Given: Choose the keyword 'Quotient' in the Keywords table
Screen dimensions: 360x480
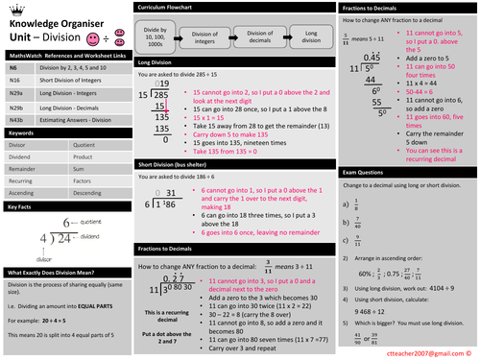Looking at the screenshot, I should pos(85,146).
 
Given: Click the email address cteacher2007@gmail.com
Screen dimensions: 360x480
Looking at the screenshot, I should pos(427,351).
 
